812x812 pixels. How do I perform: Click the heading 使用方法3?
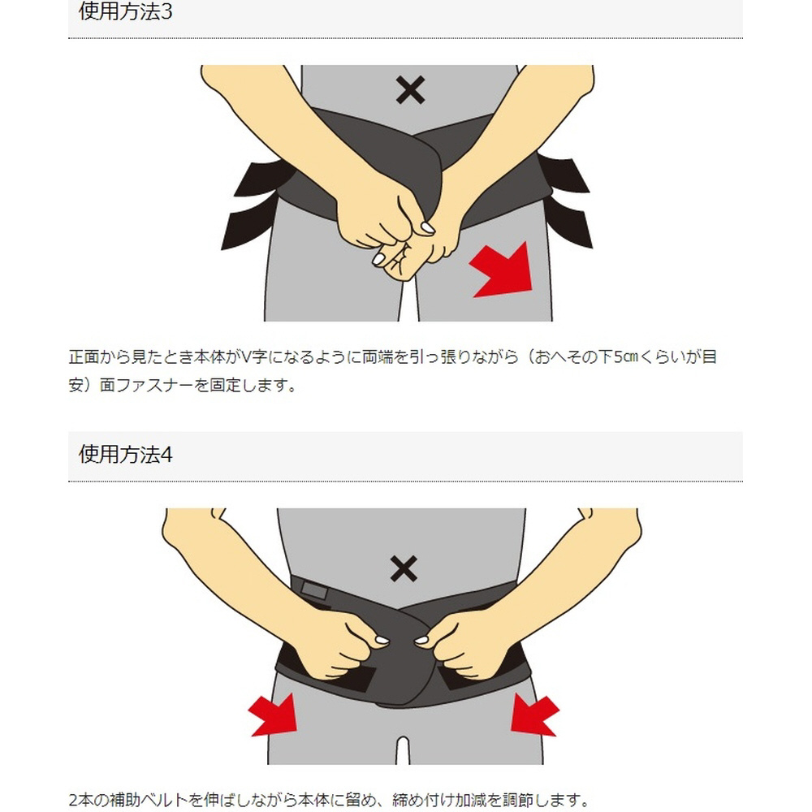tap(125, 11)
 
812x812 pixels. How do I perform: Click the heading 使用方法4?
tap(125, 454)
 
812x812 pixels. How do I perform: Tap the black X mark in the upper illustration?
tap(410, 90)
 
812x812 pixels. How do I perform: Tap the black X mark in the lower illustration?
tap(404, 568)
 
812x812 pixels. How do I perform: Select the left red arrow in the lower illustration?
tap(274, 715)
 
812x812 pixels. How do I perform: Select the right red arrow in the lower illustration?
tap(534, 715)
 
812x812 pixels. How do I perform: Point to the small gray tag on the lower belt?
tap(314, 590)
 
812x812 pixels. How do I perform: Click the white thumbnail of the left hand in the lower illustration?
tap(382, 641)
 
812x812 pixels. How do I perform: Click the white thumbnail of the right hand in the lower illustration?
tap(422, 641)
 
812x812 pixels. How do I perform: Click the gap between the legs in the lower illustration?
tap(404, 750)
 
